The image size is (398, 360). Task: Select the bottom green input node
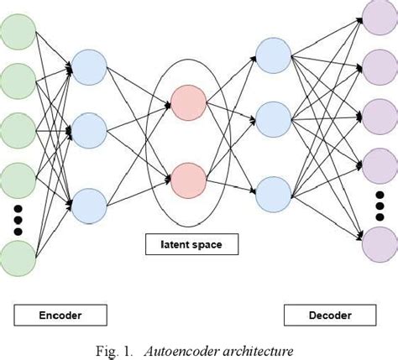click(17, 257)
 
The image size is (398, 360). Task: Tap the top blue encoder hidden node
click(88, 66)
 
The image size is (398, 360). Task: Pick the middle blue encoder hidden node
click(88, 131)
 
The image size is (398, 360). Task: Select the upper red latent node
click(188, 102)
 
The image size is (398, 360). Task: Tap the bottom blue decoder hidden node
click(274, 190)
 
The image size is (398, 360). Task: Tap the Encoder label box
click(60, 316)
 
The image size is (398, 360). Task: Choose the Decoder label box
click(329, 316)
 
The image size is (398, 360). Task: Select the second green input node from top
click(17, 82)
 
